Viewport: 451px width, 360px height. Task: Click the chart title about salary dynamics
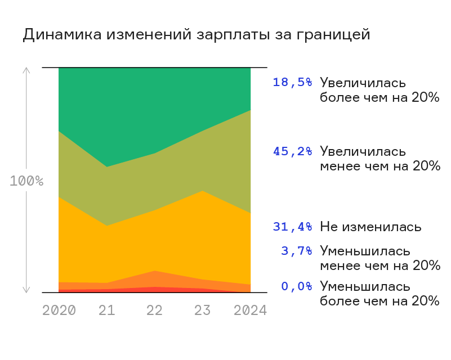197,35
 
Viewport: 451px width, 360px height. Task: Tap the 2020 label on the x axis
59,310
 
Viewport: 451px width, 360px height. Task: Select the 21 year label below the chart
107,310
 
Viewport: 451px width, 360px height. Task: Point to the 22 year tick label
154,310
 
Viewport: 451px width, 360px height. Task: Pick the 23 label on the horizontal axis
202,310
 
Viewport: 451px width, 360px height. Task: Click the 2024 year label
250,310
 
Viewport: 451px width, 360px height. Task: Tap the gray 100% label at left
26,181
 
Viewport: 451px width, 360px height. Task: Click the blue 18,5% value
293,83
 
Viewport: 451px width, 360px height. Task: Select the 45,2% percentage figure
293,151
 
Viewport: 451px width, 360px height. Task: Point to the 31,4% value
293,227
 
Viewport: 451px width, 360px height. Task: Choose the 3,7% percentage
297,251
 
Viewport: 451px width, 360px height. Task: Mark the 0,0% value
297,286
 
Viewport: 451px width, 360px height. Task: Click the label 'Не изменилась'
370,227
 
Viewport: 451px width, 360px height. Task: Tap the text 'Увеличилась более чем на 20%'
379,90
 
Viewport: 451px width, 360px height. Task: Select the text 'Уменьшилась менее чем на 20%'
380,258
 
